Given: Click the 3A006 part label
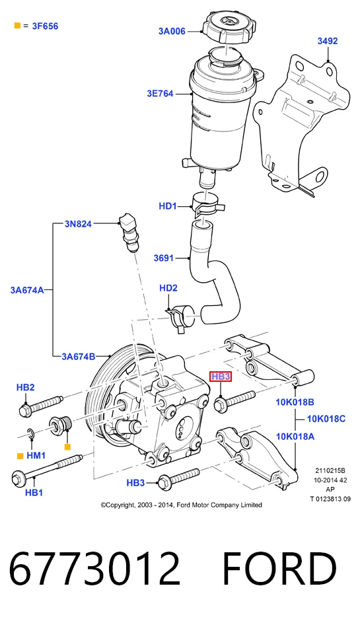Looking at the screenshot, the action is tap(172, 31).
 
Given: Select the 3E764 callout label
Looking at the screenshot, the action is tap(161, 94).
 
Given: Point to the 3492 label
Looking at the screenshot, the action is tap(328, 41).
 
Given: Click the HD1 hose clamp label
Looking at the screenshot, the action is tap(168, 206).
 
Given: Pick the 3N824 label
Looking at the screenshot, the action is tap(78, 224).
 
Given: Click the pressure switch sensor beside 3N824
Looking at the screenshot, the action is tap(128, 232).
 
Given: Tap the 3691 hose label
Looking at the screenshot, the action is tap(164, 258).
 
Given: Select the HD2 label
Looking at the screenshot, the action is tap(168, 288).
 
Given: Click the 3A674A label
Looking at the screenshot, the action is tap(27, 290).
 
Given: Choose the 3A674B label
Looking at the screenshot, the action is tap(79, 357).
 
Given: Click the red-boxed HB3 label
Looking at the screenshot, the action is tap(221, 377).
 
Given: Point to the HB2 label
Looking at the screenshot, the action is tap(25, 387).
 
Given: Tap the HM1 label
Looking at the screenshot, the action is tap(36, 456).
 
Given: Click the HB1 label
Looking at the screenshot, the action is tap(34, 493).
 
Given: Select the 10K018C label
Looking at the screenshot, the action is tap(326, 419).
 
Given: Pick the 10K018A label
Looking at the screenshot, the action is tap(295, 437).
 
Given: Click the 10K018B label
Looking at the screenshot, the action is tap(295, 402).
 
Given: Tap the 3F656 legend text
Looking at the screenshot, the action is tap(45, 26).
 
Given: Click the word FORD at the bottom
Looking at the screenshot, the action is tap(279, 569).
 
